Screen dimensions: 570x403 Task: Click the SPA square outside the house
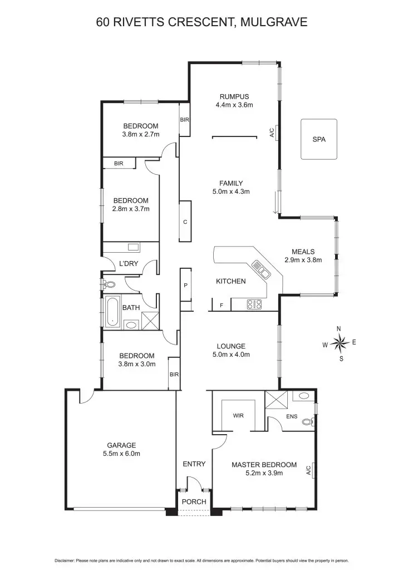pyautogui.click(x=318, y=139)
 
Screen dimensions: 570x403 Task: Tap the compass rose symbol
pyautogui.click(x=340, y=343)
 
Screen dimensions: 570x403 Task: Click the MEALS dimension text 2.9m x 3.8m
pyautogui.click(x=303, y=259)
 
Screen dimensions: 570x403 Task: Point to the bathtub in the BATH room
pyautogui.click(x=113, y=310)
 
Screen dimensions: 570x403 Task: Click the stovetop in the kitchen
pyautogui.click(x=254, y=304)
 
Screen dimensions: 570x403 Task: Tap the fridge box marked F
pyautogui.click(x=222, y=305)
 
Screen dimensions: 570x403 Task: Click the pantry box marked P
pyautogui.click(x=186, y=286)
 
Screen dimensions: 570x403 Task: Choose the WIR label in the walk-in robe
pyautogui.click(x=238, y=415)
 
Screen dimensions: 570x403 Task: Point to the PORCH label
pyautogui.click(x=194, y=502)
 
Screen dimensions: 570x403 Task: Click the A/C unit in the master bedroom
pyautogui.click(x=309, y=471)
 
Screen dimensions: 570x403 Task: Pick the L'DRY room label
pyautogui.click(x=128, y=263)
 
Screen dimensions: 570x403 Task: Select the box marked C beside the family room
pyautogui.click(x=184, y=222)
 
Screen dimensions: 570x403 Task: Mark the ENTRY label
pyautogui.click(x=194, y=464)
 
